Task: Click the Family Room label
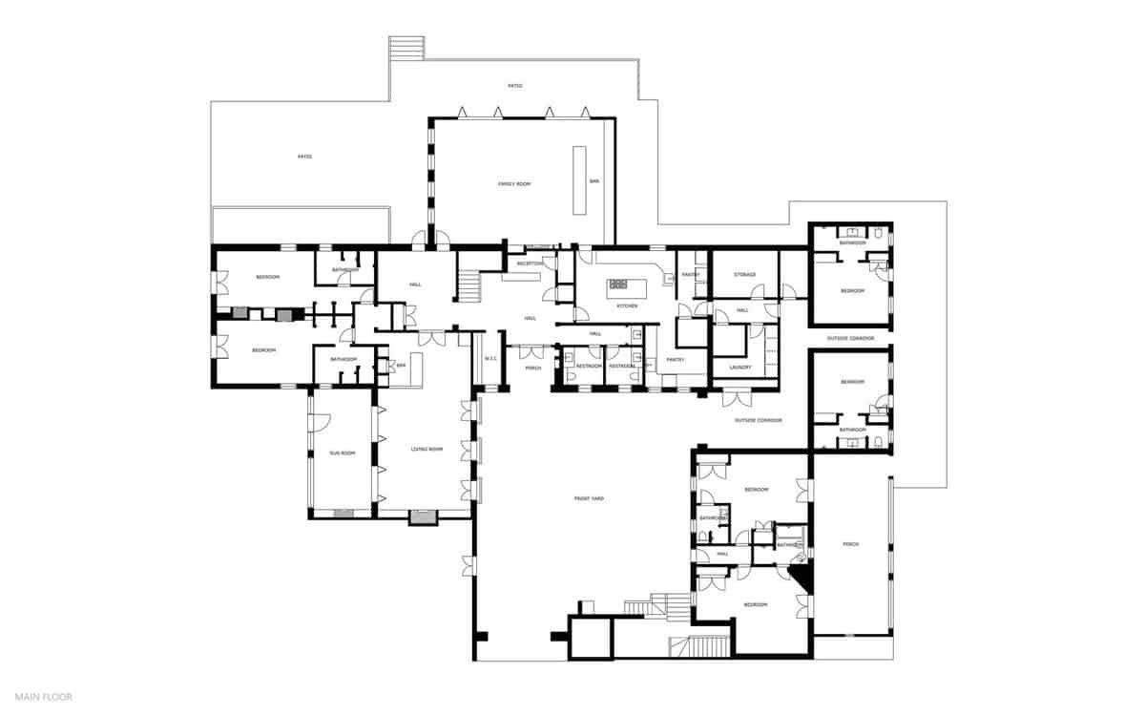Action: point(514,183)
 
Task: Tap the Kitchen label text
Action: point(626,305)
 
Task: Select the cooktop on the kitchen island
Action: point(618,284)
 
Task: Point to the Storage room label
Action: point(745,275)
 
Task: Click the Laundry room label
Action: point(739,367)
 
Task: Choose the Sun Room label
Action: point(342,453)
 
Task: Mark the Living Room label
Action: point(427,449)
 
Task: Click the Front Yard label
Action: point(589,498)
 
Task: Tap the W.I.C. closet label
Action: point(491,359)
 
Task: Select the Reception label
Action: point(530,263)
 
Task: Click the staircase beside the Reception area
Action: point(468,284)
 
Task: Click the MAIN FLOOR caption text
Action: point(43,697)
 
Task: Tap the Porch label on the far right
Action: point(851,544)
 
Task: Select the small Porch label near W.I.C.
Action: point(532,368)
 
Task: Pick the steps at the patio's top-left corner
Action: point(406,48)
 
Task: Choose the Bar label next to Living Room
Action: point(402,365)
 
